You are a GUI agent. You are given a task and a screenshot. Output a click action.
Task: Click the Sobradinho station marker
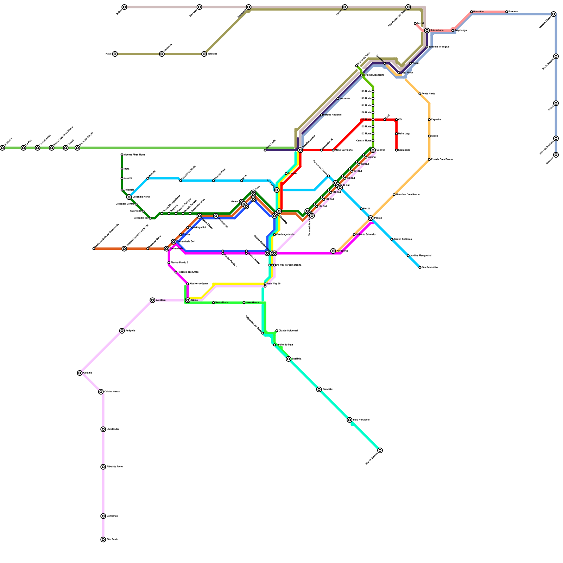pyautogui.click(x=427, y=31)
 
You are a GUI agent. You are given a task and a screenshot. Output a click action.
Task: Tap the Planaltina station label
pyautogui.click(x=479, y=12)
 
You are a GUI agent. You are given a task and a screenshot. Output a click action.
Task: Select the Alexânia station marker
pyautogui.click(x=152, y=300)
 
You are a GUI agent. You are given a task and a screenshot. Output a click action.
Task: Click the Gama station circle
pyautogui.click(x=188, y=300)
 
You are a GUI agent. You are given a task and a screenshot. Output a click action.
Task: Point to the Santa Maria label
pyautogui.click(x=222, y=303)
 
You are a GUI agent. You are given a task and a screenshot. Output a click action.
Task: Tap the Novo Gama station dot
pyautogui.click(x=244, y=303)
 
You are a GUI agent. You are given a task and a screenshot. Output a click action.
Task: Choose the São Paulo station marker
pyautogui.click(x=103, y=539)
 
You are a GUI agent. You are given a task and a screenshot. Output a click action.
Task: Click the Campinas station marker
pyautogui.click(x=103, y=516)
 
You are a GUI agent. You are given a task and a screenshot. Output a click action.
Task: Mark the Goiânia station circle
pyautogui.click(x=80, y=373)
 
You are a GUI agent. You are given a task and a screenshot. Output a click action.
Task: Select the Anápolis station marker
pyautogui.click(x=122, y=331)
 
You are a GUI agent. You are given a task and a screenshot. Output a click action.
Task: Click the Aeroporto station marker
pyautogui.click(x=333, y=251)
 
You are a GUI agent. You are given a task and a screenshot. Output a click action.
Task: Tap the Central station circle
pyautogui.click(x=373, y=150)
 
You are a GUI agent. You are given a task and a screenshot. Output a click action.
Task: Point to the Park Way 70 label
pyautogui.click(x=274, y=284)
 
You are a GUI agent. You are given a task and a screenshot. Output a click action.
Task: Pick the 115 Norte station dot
pyautogui.click(x=373, y=91)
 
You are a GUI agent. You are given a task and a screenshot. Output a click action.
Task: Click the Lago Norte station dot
pyautogui.click(x=399, y=73)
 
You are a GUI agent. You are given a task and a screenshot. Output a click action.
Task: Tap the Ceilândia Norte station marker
pyautogui.click(x=129, y=197)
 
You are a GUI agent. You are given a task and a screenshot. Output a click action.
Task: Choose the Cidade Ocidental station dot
pyautogui.click(x=277, y=331)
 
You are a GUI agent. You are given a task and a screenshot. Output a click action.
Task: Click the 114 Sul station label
pyautogui.click(x=323, y=206)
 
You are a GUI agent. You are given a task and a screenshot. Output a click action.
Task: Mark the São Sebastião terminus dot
pyautogui.click(x=420, y=267)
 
